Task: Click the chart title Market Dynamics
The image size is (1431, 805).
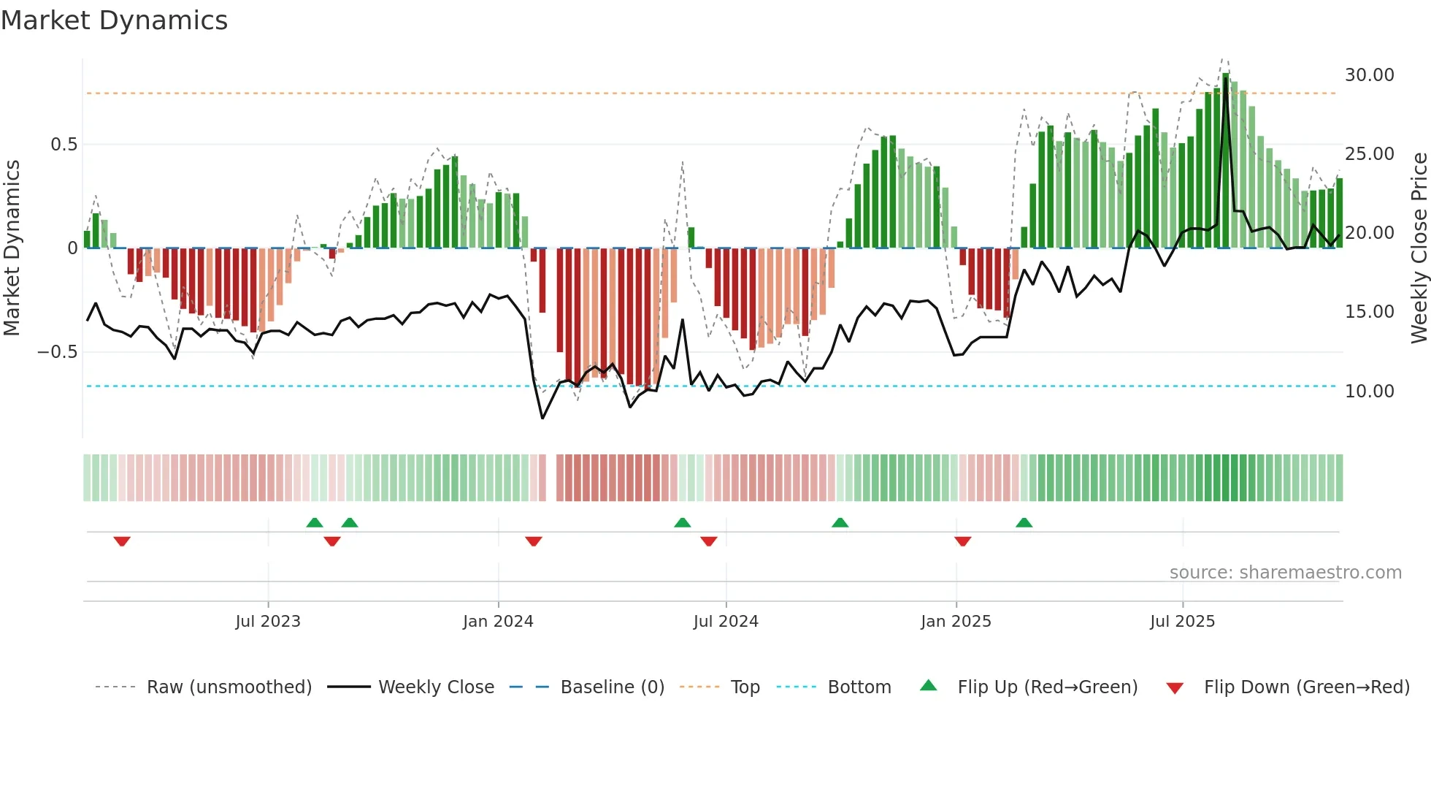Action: [114, 20]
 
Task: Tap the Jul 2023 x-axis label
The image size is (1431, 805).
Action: [268, 622]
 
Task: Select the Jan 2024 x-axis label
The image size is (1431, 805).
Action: [498, 622]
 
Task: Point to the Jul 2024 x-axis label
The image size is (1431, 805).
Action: [726, 622]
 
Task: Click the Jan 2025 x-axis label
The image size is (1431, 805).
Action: [956, 622]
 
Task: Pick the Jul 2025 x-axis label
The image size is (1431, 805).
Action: [1182, 622]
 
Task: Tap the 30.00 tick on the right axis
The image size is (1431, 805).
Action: [1369, 75]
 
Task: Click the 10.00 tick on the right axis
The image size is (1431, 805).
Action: [1369, 392]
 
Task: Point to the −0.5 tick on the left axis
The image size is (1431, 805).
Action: [57, 352]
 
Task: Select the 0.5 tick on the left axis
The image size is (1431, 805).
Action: [64, 145]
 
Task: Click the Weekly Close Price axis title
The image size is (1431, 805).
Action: [1419, 248]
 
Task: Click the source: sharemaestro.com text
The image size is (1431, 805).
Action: [1285, 573]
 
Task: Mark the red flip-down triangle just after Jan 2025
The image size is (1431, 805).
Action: [962, 541]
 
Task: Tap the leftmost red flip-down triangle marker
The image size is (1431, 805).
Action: [122, 541]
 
